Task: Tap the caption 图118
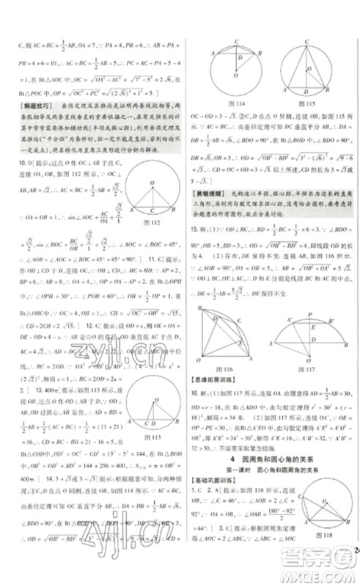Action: [x=314, y=552]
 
